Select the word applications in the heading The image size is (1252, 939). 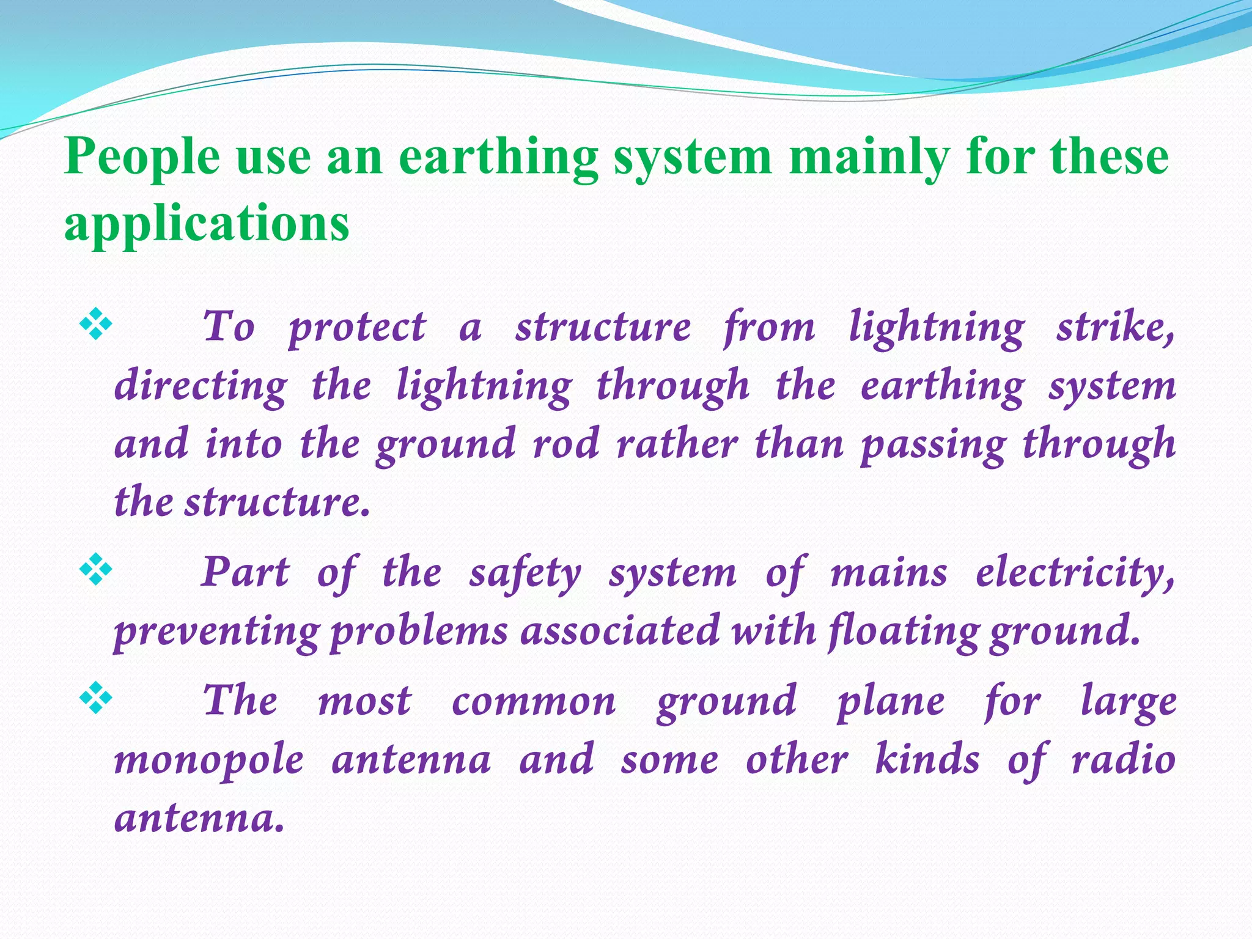click(x=207, y=223)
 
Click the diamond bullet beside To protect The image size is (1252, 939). click(x=96, y=325)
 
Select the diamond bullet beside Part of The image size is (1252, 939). click(x=96, y=570)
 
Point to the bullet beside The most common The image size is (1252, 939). click(x=96, y=699)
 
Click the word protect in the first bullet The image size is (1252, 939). click(x=357, y=327)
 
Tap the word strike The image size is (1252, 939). click(x=1114, y=327)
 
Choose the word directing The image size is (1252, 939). click(x=201, y=386)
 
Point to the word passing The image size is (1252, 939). click(x=932, y=444)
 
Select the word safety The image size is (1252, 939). click(x=525, y=573)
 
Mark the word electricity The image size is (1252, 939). click(x=1075, y=573)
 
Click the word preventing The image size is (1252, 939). click(x=216, y=632)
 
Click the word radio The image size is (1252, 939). click(x=1124, y=760)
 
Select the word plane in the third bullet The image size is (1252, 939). click(x=891, y=702)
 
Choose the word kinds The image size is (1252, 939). click(x=927, y=760)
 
